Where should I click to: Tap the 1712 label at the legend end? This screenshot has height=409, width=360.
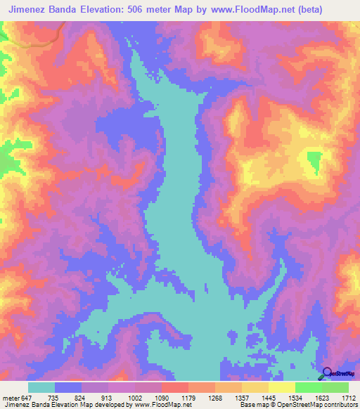click(x=349, y=397)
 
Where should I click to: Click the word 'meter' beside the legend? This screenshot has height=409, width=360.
click(x=10, y=397)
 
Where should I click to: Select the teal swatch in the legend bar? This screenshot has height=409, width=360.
click(x=41, y=387)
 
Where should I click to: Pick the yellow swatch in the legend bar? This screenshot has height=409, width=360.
click(x=282, y=387)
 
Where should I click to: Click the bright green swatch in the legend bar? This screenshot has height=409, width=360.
click(x=309, y=387)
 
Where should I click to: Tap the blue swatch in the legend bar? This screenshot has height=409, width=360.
click(x=68, y=387)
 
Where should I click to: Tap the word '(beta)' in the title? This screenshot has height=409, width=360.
click(x=337, y=9)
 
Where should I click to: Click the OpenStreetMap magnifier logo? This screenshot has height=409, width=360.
click(x=328, y=373)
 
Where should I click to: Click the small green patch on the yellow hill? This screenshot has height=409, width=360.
click(x=314, y=162)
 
